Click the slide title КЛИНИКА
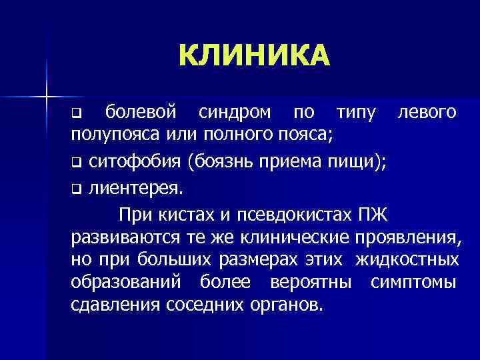tap(253, 56)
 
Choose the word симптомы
tap(414, 282)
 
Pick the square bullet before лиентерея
tap(76, 188)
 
